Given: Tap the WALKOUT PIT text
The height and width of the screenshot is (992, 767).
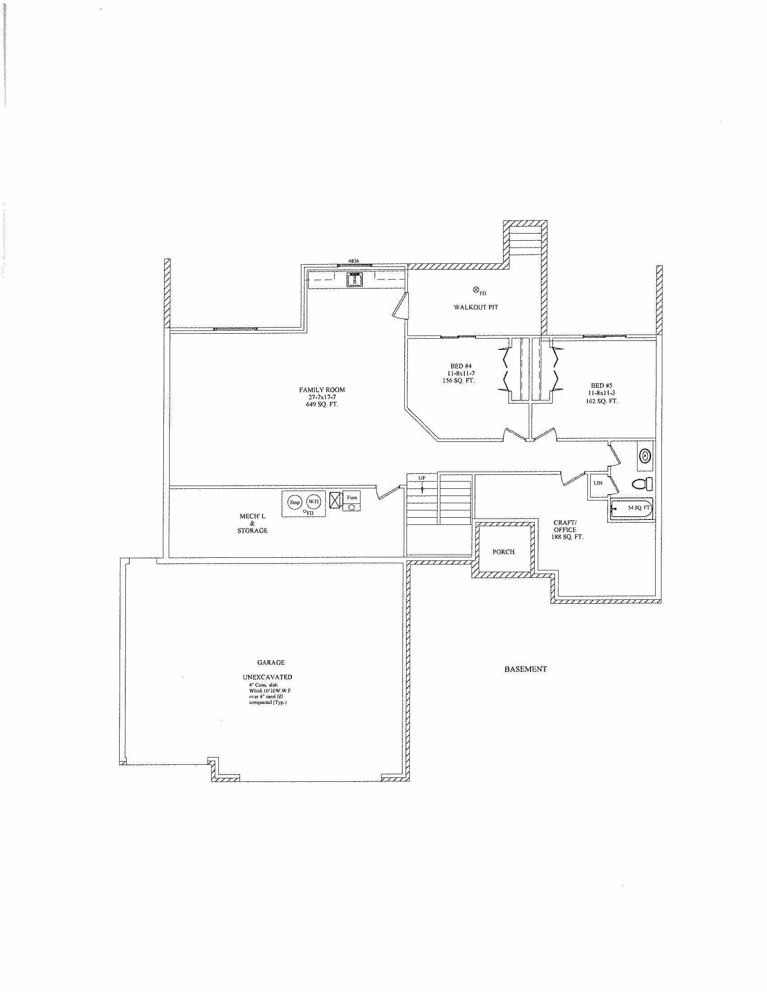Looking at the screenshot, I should tap(476, 308).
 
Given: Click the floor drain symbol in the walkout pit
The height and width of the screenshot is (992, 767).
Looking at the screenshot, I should tap(476, 289).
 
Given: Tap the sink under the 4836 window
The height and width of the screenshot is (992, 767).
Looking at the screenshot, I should tap(355, 280).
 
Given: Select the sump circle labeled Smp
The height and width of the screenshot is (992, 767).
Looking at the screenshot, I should tap(295, 502).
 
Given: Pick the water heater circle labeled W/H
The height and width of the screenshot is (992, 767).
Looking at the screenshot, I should tap(314, 502).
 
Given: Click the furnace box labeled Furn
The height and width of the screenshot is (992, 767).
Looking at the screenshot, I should tap(352, 498).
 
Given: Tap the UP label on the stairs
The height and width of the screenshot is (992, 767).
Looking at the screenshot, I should tap(422, 478).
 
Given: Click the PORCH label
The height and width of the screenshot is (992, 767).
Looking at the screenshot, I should tap(504, 552).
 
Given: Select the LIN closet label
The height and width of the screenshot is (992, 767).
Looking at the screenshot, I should tap(597, 483).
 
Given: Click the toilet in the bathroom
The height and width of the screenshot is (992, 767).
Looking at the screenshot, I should tap(642, 484).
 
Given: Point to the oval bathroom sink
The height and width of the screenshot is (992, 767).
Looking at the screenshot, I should tap(645, 455).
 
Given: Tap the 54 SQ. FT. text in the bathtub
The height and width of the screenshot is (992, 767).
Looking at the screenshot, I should tap(638, 508).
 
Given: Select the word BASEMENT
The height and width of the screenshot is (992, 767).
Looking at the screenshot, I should tap(525, 669).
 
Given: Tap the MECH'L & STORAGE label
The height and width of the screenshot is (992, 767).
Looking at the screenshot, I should tap(253, 523).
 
